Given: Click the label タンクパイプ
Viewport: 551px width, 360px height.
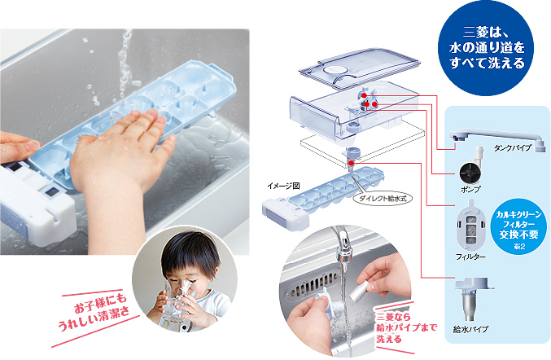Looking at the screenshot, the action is pos(513,147).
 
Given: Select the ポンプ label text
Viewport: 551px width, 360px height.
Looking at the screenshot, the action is pos(470,190).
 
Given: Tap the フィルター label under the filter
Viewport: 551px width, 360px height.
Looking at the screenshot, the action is pos(470,257).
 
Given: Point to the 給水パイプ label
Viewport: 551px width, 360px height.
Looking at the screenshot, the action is pos(470,329).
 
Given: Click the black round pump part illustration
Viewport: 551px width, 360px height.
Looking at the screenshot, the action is pos(470,173).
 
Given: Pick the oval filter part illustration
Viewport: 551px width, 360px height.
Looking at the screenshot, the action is pos(471,226).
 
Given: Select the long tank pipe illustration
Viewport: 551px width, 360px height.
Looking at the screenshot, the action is pos(497,138).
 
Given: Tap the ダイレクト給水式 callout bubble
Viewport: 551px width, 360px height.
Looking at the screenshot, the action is pos(382,198).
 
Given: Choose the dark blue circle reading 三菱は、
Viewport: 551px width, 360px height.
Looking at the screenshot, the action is pos(487,48).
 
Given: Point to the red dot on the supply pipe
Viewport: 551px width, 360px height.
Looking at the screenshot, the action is pos(352,163).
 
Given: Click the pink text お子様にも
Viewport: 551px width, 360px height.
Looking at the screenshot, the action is pos(100,304).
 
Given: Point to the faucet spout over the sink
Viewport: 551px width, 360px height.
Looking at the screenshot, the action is pos(343,246).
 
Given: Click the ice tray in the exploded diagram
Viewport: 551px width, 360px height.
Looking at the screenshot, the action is pos(323,198).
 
